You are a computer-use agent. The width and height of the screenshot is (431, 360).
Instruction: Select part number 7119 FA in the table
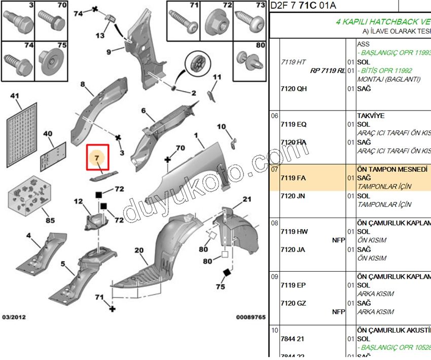click(x=294, y=178)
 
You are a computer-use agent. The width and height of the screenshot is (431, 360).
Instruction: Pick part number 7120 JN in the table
click(x=294, y=196)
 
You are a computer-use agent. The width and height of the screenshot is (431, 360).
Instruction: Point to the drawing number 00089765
click(x=250, y=317)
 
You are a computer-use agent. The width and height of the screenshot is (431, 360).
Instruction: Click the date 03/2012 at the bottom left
click(x=14, y=317)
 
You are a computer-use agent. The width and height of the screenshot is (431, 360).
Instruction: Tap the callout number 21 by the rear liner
click(x=246, y=199)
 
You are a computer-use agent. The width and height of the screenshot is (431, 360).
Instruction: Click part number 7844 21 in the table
click(x=294, y=338)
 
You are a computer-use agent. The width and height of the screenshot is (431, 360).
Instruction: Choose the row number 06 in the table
click(x=274, y=116)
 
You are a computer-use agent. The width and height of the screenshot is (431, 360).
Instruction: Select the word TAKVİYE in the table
click(x=371, y=116)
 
